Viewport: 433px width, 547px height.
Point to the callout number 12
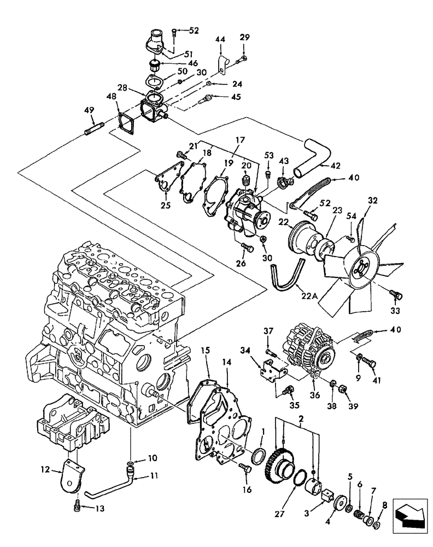coord(45,469)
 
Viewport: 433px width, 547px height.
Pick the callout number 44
coord(220,40)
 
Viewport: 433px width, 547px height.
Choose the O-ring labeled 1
coord(261,455)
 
